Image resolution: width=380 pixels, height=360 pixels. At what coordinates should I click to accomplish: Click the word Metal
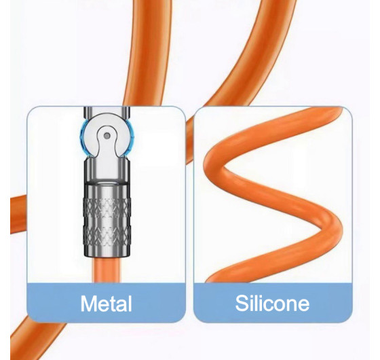pos(106,303)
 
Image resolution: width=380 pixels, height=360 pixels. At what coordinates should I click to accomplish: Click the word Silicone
pos(272,303)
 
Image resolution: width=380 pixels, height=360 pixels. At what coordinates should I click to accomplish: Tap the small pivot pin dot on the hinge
pos(107,136)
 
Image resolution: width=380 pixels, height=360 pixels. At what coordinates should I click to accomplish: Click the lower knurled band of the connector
pos(107,234)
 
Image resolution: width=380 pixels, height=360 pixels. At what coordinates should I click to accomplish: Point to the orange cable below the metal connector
pos(107,270)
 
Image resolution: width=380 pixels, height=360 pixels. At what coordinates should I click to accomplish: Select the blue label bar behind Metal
pos(106,303)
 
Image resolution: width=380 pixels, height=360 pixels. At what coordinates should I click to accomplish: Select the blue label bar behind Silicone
pos(273,303)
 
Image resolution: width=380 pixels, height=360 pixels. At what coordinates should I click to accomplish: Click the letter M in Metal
pos(88,303)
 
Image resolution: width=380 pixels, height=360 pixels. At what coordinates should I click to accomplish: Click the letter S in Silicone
pos(241,303)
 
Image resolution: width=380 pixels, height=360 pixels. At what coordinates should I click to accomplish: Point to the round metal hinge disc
pos(107,137)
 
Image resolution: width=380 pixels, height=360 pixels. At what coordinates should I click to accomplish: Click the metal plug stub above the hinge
pos(107,113)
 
